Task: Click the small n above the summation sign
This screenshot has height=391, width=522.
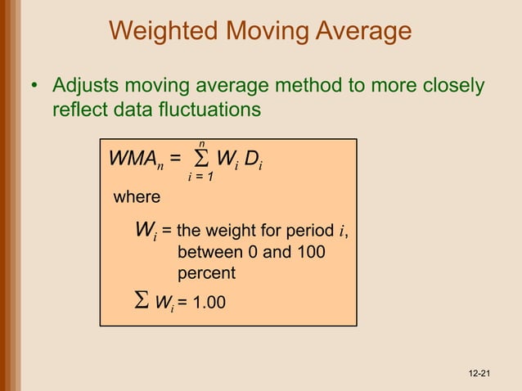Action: pos(202,143)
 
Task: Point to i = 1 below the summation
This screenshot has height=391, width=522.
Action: pos(201,177)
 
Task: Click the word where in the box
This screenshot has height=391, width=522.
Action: pos(136,197)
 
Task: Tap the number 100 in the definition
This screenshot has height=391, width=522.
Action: pos(308,252)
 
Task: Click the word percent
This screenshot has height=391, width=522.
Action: pos(206,273)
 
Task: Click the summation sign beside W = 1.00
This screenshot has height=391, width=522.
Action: pos(141,303)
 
